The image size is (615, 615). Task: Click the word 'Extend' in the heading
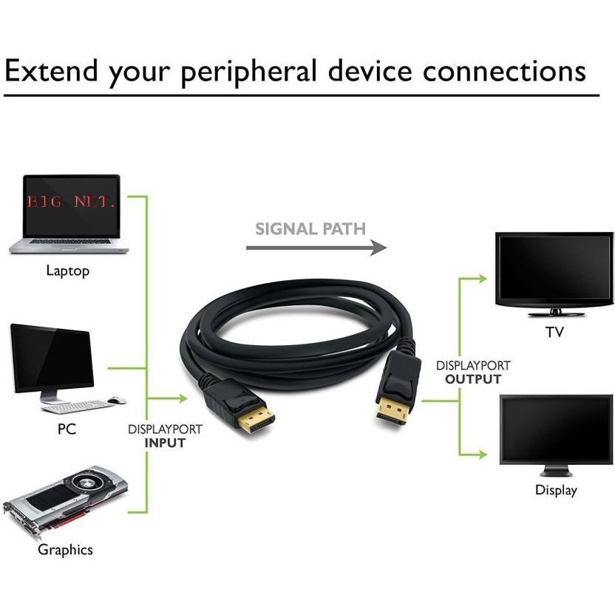(x=51, y=72)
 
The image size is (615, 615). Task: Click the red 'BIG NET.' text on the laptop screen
(x=71, y=202)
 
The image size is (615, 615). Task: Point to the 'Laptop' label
(x=67, y=271)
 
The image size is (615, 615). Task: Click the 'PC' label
(x=67, y=429)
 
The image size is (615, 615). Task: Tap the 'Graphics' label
(x=65, y=550)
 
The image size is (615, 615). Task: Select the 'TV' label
(x=554, y=332)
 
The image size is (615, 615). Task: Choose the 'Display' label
(x=556, y=490)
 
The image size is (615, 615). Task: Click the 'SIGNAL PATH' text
(x=310, y=228)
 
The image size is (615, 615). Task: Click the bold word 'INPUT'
(x=165, y=443)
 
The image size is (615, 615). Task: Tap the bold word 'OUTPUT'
(x=473, y=379)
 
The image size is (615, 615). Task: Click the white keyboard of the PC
(x=74, y=406)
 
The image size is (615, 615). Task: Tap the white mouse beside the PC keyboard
(x=116, y=400)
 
